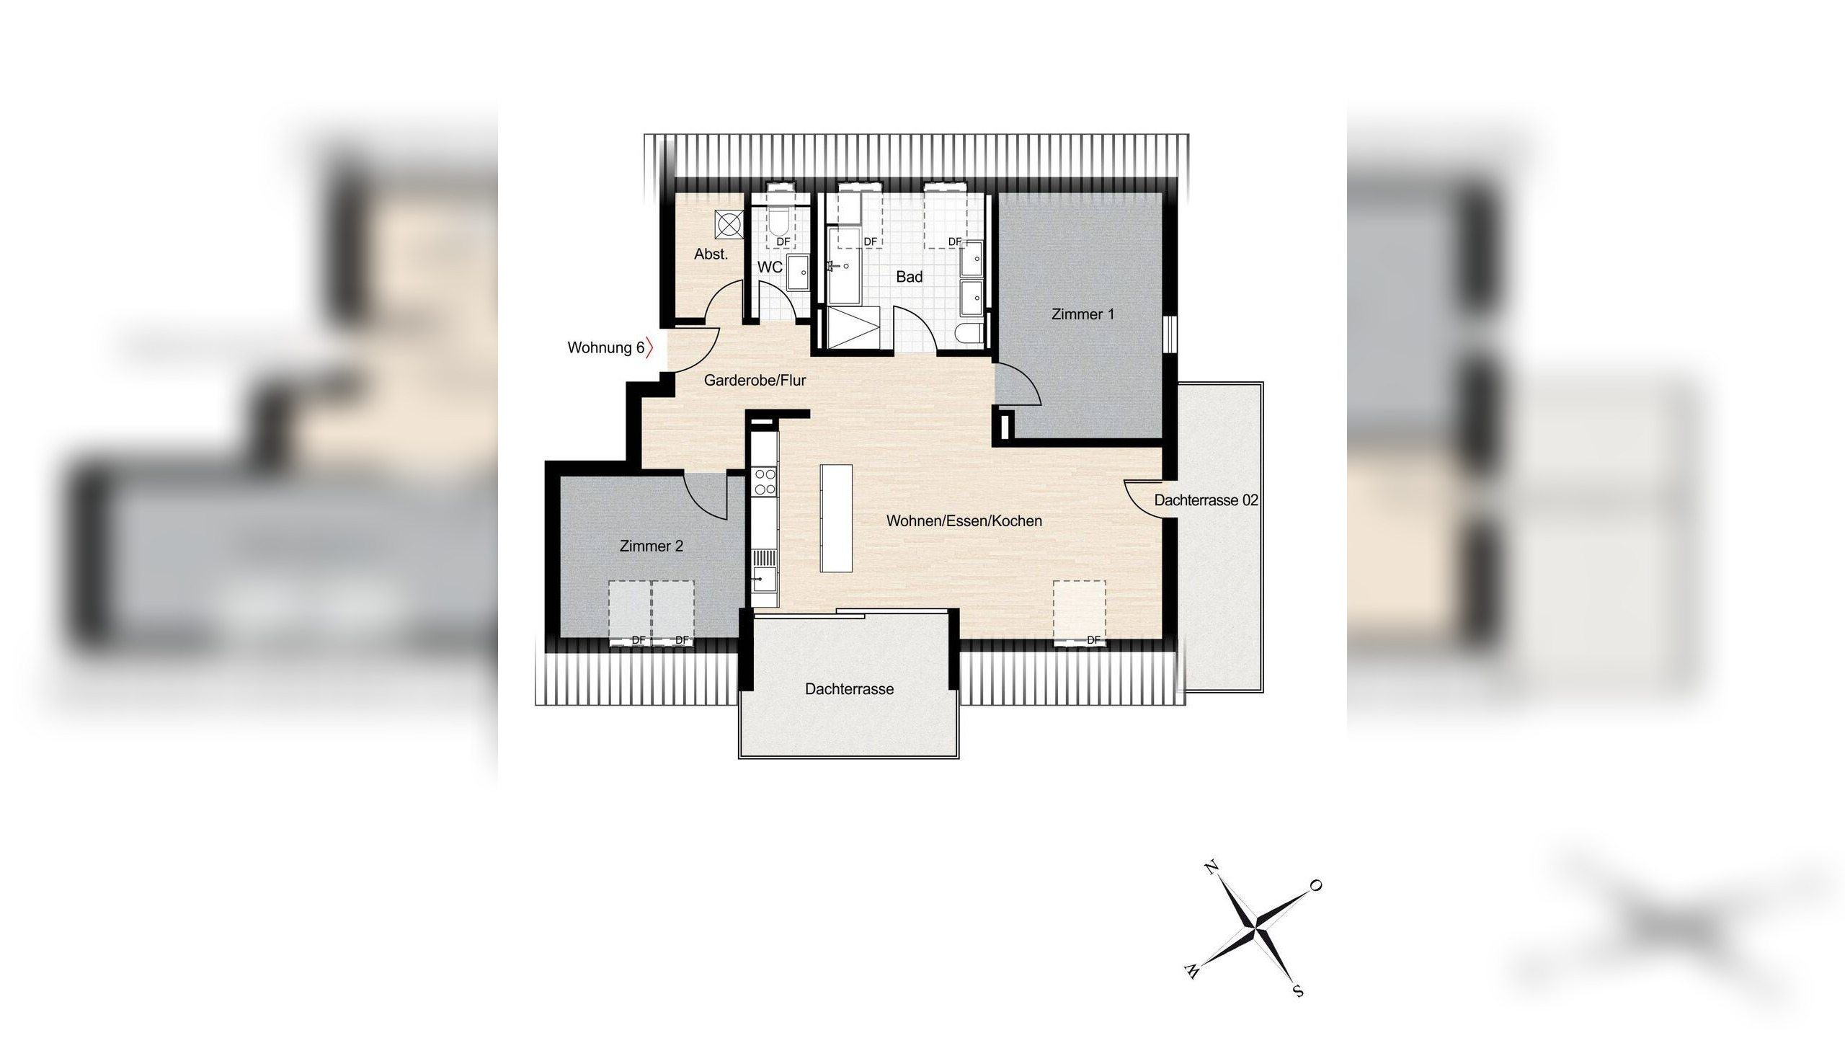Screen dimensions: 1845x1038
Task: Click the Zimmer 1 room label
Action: coord(1082,314)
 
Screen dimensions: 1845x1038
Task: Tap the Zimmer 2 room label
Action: coord(651,546)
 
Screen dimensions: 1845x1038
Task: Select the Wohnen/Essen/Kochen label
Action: coord(964,521)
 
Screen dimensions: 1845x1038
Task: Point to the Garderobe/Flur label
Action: coord(755,380)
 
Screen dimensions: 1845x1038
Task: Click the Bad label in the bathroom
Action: coord(909,277)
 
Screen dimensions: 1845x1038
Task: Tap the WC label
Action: coord(770,267)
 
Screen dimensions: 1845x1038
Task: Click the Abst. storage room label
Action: coord(711,254)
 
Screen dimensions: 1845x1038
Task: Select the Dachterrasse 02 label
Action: coord(1206,500)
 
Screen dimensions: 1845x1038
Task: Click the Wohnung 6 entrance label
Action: coord(605,348)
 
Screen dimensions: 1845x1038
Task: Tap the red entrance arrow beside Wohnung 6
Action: coord(650,348)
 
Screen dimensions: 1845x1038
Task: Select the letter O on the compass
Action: coord(1315,886)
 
